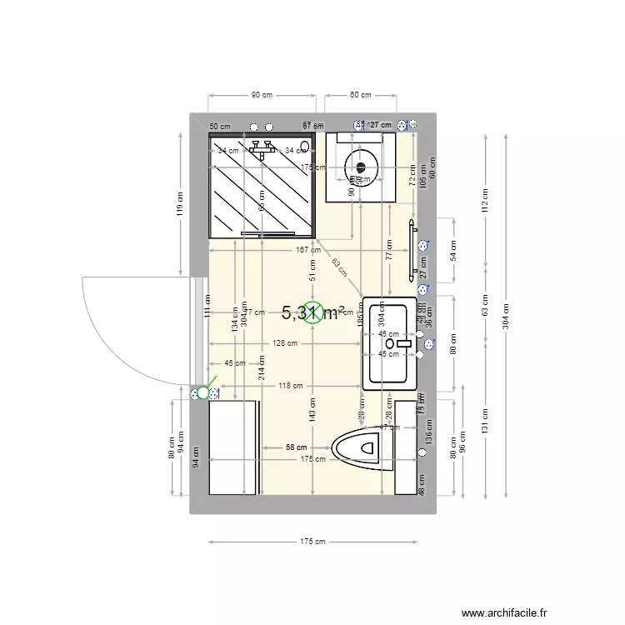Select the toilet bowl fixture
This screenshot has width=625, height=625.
click(362, 447)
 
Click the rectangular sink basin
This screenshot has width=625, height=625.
click(387, 342)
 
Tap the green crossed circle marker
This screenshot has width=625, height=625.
click(312, 312)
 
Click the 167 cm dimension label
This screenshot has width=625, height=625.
click(308, 249)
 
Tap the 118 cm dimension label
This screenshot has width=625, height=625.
click(290, 386)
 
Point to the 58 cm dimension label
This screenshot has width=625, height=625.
click(296, 447)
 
